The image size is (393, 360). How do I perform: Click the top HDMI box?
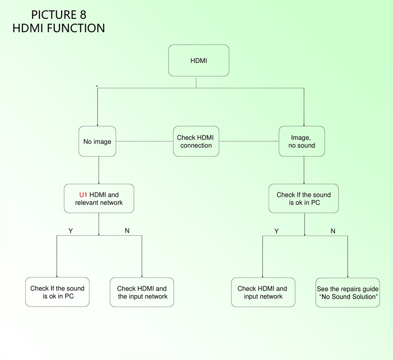tap(198, 60)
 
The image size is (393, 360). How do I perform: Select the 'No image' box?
tap(97, 141)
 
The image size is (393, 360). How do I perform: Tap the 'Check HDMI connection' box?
tap(196, 141)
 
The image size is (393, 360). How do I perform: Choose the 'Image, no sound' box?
tap(302, 141)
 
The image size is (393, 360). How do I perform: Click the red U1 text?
tap(83, 195)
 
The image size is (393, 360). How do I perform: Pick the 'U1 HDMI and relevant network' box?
tap(99, 198)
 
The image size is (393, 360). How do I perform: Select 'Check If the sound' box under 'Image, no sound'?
tap(304, 198)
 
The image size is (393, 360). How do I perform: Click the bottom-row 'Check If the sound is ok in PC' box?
tap(58, 292)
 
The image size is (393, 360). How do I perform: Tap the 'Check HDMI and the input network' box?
tap(142, 292)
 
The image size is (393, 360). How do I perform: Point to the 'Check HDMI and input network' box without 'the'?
tap(263, 292)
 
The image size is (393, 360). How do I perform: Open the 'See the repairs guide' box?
tap(347, 292)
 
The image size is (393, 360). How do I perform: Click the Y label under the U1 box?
tap(71, 231)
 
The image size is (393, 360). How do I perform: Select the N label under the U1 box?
tap(127, 231)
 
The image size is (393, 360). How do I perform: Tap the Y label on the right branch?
tap(276, 231)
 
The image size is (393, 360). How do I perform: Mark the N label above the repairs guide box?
tap(333, 231)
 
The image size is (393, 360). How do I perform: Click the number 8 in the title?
tap(83, 15)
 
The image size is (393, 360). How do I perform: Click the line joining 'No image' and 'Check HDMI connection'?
tap(144, 141)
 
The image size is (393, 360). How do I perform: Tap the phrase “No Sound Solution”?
tap(348, 297)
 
